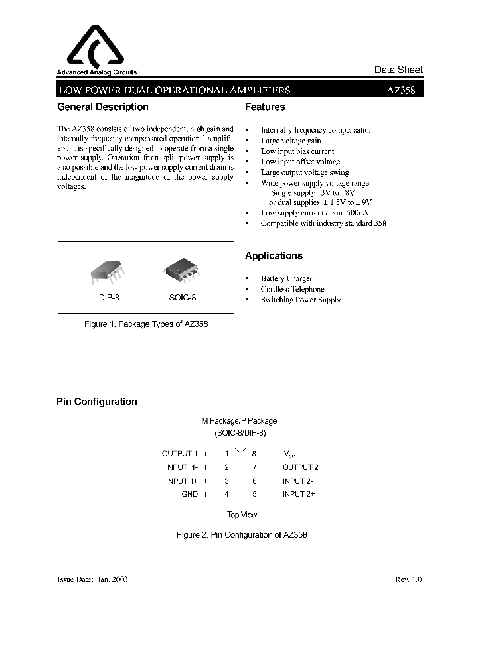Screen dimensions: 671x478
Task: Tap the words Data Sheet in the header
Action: [398, 70]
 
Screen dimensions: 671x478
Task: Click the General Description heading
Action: [103, 107]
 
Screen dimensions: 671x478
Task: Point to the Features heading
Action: [265, 107]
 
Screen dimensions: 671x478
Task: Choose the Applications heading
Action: [274, 256]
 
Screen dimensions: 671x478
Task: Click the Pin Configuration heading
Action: [97, 402]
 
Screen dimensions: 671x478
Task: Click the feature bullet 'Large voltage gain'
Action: [291, 141]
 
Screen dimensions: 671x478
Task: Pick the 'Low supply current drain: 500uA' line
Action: [314, 213]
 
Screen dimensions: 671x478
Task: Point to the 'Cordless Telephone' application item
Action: [292, 290]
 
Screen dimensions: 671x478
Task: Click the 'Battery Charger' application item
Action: [286, 279]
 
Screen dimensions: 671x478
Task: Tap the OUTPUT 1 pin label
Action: [180, 454]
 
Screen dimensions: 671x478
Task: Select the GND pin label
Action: [190, 494]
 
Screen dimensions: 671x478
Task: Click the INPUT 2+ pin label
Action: [299, 494]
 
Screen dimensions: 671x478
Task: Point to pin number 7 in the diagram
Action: [254, 467]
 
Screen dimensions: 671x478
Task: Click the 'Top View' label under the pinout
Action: [242, 515]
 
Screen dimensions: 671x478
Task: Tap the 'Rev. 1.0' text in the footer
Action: [408, 579]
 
